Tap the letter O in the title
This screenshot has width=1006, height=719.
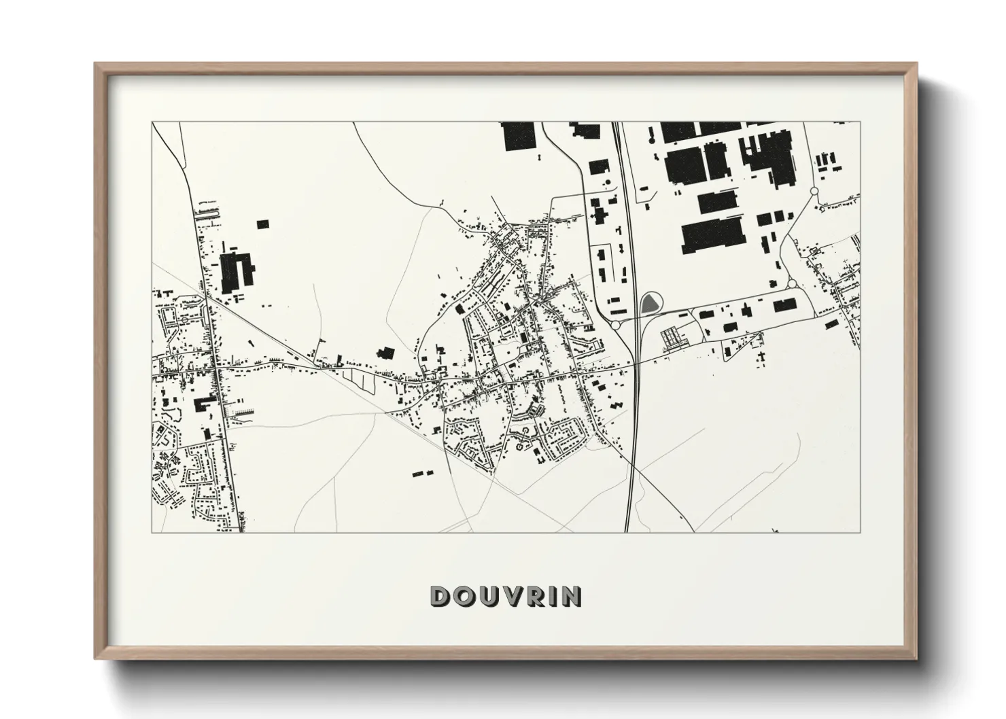tap(464, 596)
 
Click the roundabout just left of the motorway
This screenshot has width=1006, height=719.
tap(616, 326)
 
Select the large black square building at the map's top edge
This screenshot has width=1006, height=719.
tap(519, 136)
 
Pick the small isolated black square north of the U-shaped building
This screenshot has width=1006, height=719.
tap(262, 223)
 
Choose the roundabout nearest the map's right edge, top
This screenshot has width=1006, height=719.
tap(814, 193)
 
